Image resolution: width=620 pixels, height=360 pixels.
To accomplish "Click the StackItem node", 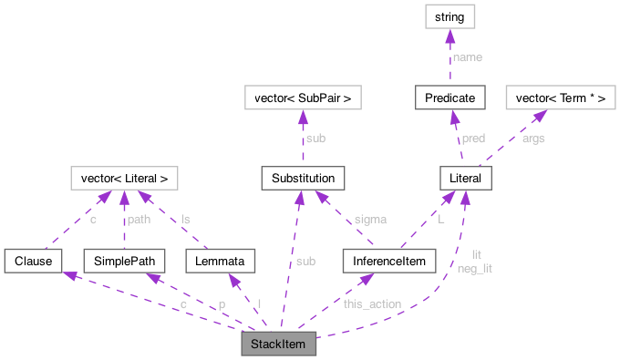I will click(x=278, y=344).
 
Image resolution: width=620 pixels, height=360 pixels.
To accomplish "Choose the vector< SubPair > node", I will click(x=302, y=96).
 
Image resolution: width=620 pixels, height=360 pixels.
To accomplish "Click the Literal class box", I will click(x=465, y=178).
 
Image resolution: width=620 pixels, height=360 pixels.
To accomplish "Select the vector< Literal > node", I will click(x=125, y=177).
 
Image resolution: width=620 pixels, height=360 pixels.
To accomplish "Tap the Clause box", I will click(x=32, y=261).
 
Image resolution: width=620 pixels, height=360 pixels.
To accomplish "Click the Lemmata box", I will click(x=220, y=261).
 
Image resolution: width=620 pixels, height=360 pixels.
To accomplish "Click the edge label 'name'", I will click(x=468, y=57).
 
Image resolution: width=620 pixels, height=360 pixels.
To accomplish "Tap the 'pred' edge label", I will click(x=473, y=139).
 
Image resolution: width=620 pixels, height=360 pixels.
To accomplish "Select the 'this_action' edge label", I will click(x=372, y=303).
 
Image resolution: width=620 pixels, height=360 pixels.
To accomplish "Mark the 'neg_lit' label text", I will click(x=475, y=268).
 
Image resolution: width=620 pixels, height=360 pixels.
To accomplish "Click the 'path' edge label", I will click(x=139, y=220).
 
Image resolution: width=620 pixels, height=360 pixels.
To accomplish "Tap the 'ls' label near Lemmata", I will click(x=185, y=220).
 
